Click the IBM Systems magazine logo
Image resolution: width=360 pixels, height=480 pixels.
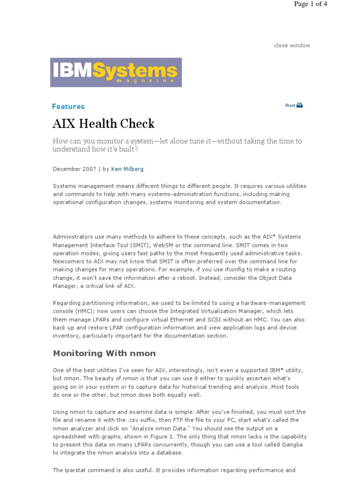coord(116,72)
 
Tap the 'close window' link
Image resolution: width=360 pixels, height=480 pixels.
coord(292,45)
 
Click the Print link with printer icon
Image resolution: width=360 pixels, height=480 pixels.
coord(293,105)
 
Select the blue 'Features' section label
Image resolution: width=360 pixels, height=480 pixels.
coord(68,106)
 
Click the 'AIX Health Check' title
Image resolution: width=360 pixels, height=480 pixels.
coord(104,124)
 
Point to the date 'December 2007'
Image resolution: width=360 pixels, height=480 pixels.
coord(74,169)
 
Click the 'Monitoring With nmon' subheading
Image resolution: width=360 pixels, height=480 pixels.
coord(104,353)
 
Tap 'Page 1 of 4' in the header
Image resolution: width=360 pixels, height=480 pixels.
coord(310,4)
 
